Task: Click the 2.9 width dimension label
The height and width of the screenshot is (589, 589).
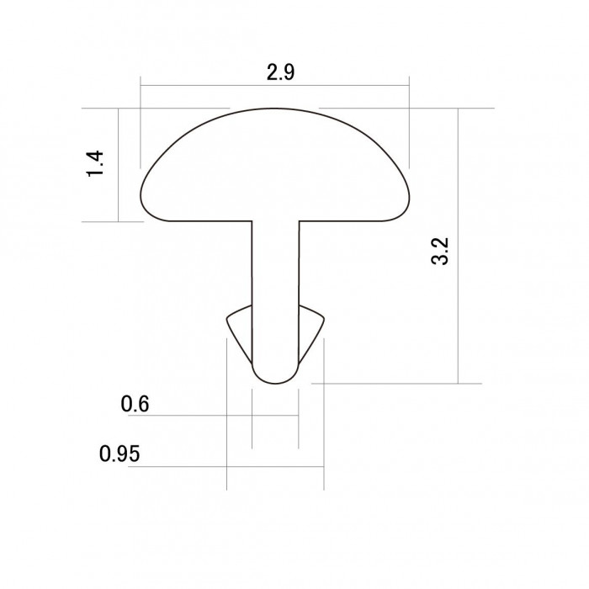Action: (x=280, y=72)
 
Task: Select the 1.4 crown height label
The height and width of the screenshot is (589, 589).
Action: (x=95, y=163)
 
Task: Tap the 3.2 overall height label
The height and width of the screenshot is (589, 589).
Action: (x=440, y=251)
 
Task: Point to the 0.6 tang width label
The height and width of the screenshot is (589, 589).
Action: (x=135, y=404)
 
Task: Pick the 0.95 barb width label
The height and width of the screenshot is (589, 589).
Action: (x=119, y=454)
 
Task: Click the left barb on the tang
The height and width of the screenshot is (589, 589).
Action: (x=239, y=332)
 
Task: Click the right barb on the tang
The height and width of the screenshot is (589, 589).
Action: (x=311, y=332)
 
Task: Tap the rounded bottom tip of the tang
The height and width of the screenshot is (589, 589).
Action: (x=275, y=384)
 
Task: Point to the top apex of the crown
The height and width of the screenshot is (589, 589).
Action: (x=274, y=109)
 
